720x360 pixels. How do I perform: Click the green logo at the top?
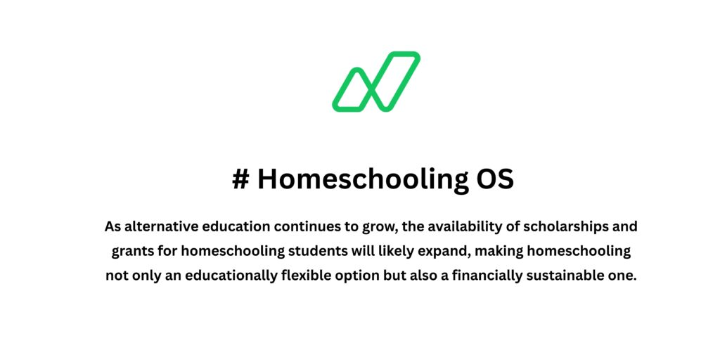coord(375,81)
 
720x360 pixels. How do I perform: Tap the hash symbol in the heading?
coord(240,179)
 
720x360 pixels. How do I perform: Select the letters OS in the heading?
coord(494,179)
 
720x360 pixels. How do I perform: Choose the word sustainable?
coord(569,276)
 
